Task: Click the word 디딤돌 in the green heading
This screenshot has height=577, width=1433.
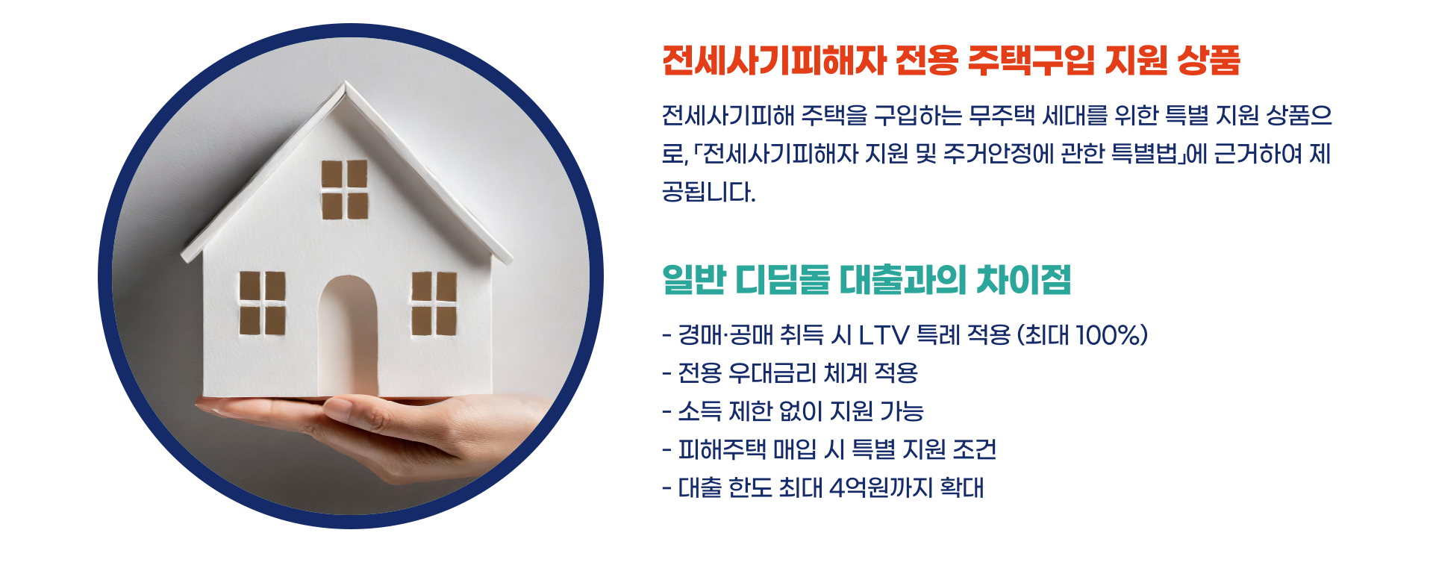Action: click(783, 280)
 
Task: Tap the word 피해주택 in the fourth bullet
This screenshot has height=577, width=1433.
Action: click(722, 449)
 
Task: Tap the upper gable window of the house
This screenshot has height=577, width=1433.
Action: click(345, 190)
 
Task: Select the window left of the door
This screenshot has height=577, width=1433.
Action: click(262, 302)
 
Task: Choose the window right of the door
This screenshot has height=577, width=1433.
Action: click(434, 303)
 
